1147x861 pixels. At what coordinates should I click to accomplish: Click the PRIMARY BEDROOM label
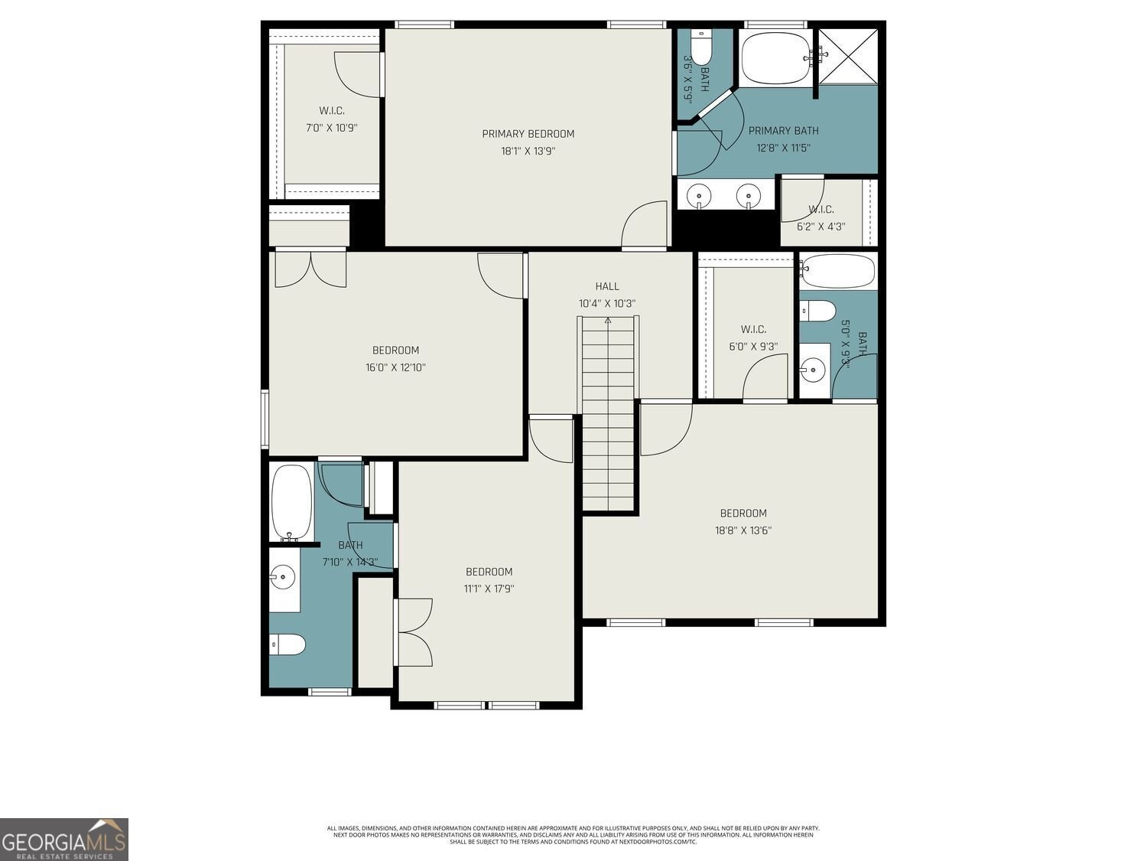528,134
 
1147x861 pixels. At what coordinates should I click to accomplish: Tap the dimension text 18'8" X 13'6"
743,530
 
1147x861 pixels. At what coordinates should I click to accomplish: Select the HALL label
607,286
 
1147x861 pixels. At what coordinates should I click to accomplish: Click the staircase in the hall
609,413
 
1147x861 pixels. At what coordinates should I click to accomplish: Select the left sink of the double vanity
699,197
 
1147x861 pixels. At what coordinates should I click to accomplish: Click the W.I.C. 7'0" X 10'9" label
332,111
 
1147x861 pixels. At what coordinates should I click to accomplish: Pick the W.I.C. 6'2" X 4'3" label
820,210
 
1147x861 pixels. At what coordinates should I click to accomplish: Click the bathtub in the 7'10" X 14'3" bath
291,502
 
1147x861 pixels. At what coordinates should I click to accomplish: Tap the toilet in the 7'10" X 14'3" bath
288,645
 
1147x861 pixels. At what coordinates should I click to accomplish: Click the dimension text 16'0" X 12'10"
395,367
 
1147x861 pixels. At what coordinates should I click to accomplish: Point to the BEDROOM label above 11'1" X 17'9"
489,572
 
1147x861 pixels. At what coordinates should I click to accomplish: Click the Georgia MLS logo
64,840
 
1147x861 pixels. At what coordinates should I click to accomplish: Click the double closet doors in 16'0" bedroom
310,269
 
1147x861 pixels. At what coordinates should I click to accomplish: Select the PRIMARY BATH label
783,131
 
